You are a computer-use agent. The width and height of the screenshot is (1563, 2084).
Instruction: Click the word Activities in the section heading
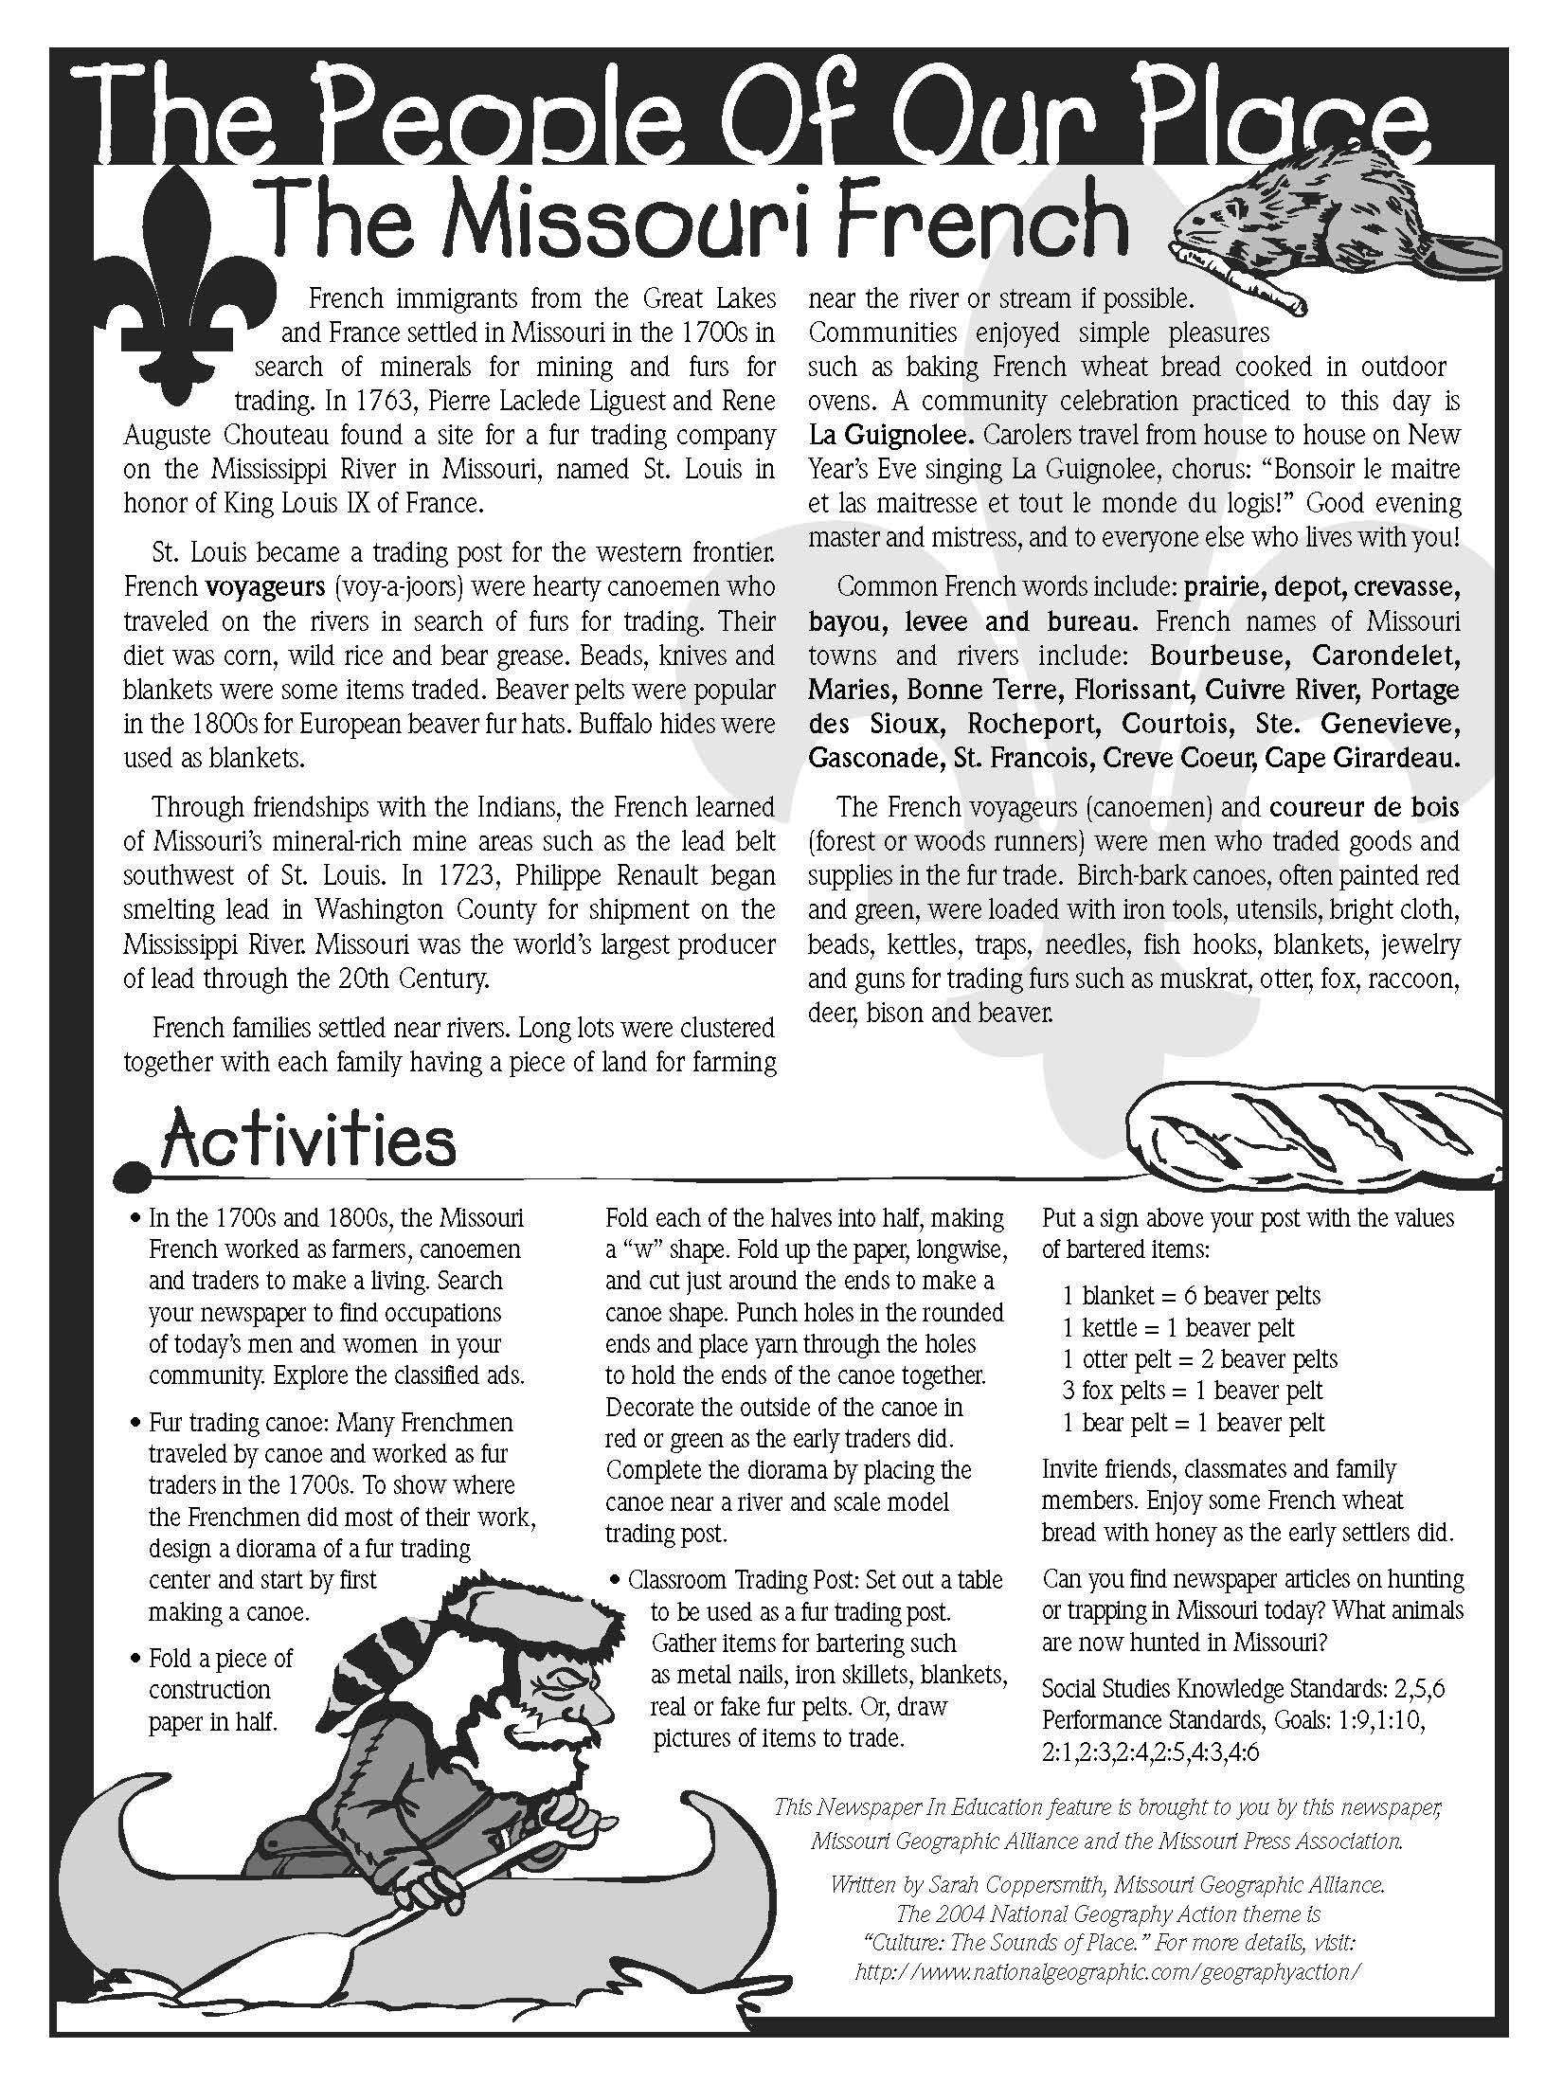point(308,1141)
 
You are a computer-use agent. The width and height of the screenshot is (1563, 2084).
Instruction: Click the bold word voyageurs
point(265,586)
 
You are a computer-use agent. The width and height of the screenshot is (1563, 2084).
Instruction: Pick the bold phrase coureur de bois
point(1364,807)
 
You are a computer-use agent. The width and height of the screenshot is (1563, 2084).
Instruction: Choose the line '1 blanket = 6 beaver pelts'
point(1191,1296)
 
